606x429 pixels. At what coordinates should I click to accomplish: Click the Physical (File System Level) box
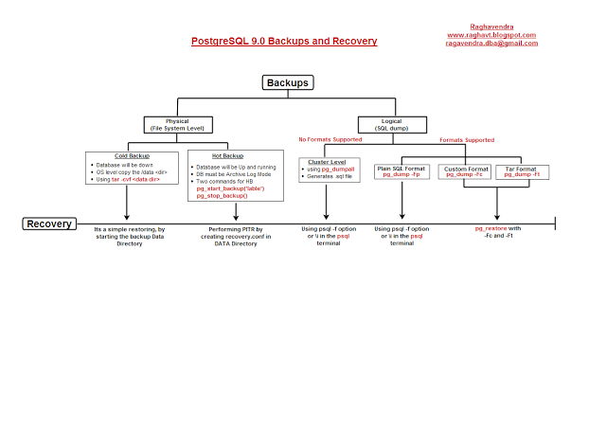click(x=177, y=125)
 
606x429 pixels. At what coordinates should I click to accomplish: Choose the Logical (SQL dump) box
click(x=389, y=125)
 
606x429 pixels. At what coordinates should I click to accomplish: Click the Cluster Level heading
click(x=326, y=162)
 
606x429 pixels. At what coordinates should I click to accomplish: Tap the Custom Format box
click(x=464, y=171)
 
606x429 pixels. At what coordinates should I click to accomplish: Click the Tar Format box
click(x=522, y=171)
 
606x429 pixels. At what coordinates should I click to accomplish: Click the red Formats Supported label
click(x=467, y=140)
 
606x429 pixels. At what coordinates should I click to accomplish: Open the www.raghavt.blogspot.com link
click(x=491, y=35)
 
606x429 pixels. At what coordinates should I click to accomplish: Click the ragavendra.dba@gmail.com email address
click(x=491, y=44)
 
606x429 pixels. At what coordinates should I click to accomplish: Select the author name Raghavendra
click(x=491, y=27)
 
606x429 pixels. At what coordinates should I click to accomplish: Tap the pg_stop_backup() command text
click(x=222, y=195)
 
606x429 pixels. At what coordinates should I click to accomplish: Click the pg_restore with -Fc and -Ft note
click(x=498, y=233)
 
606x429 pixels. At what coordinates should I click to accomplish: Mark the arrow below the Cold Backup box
click(x=126, y=204)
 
